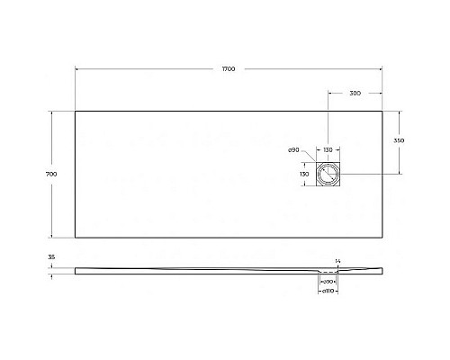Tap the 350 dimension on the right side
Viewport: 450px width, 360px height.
click(x=399, y=141)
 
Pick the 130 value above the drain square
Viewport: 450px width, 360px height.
click(x=328, y=149)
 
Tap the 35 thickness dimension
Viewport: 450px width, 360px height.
click(x=52, y=257)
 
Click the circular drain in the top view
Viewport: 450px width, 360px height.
click(x=328, y=174)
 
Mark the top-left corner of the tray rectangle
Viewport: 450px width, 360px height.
click(x=75, y=111)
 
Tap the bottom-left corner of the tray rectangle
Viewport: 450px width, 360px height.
click(x=75, y=237)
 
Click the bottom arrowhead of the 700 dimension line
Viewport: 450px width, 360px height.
click(x=62, y=235)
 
